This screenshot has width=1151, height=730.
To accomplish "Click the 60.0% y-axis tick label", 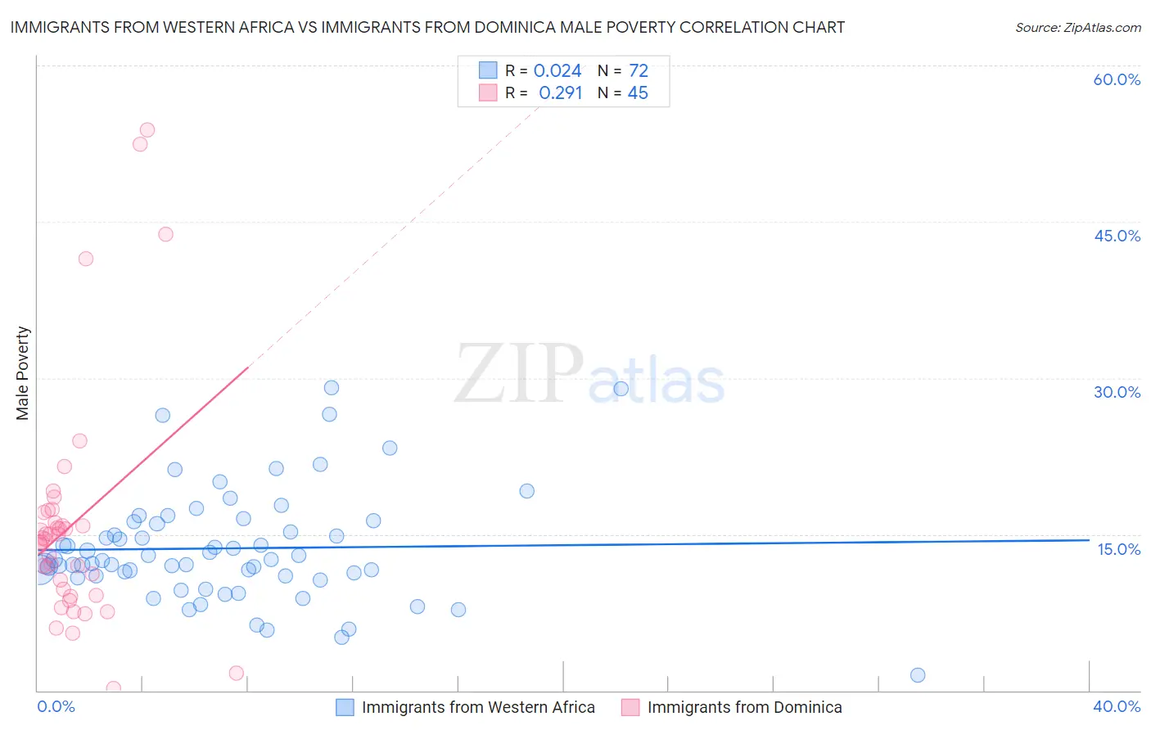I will pos(1117,79).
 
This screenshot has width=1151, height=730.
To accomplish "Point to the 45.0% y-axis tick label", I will pos(1117,236).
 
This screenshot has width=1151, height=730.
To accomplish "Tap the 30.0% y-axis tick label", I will pos(1117,392).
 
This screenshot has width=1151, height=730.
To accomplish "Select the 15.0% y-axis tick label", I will pos(1118,549).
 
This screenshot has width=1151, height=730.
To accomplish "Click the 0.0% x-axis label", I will pos(56,706).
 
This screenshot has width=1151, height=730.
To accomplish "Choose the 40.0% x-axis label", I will pos(1117,706).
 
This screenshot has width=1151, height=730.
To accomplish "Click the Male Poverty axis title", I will pos(23,373).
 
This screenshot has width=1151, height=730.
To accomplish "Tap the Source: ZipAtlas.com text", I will pos(1077,28).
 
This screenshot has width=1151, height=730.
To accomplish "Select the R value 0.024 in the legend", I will pos(557,71).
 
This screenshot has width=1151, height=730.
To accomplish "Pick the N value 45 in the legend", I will pos(638,93).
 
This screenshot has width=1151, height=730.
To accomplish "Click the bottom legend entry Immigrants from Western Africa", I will pos(478,707).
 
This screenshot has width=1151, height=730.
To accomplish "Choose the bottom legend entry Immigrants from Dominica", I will pos(744,707).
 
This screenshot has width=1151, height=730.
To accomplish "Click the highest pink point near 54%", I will pos(147,129).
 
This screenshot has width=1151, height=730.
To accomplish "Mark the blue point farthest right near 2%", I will pos(918,675).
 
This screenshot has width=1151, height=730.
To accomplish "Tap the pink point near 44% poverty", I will pos(165,234).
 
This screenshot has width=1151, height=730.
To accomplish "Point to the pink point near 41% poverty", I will pos(86,259).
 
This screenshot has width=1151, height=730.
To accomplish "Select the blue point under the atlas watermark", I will pos(621,389).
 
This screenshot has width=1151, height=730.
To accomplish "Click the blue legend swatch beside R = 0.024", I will pos(488,70).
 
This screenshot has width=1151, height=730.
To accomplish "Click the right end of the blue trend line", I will pos(1089,540).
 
